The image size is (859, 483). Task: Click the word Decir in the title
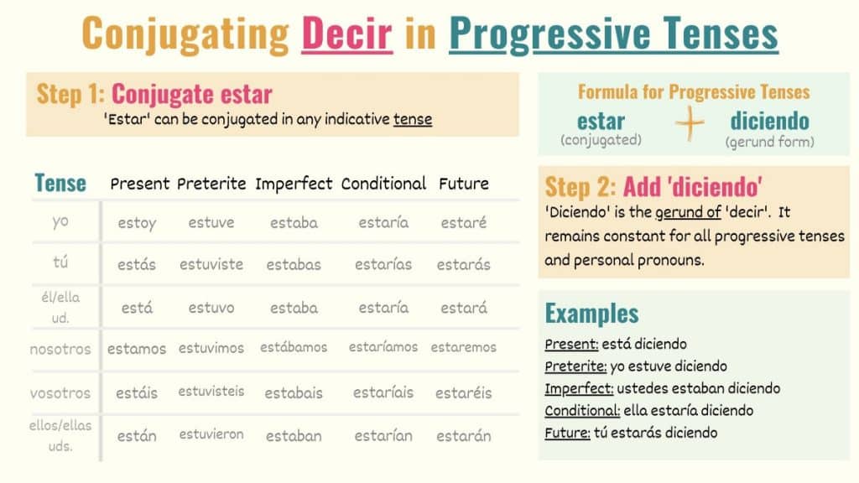point(346,34)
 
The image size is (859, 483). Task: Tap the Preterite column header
point(211,183)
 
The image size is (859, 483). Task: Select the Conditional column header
point(383,183)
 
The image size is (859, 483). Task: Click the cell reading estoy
point(137,223)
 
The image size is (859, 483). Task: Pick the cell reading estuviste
point(211,265)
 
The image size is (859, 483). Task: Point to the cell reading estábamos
point(294,347)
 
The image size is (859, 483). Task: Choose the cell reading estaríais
point(383,392)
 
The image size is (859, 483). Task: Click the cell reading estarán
point(464,436)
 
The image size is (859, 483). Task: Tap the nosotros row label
point(60,349)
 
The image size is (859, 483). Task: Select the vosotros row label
point(60,392)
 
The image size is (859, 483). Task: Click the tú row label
point(60,263)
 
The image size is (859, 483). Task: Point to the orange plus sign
point(690,124)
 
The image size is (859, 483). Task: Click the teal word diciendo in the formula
point(769,121)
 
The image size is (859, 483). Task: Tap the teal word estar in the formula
point(601,121)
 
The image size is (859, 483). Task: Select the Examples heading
point(591,314)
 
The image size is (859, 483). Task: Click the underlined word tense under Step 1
point(412,119)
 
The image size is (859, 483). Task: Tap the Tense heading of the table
point(60,183)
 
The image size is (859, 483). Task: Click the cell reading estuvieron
point(211,434)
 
